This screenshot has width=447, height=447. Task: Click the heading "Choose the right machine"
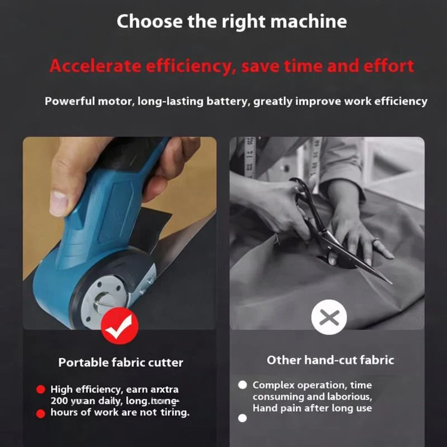[x=231, y=22]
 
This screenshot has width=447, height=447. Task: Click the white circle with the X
[x=329, y=318]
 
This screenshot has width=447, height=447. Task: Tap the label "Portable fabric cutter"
[x=121, y=363]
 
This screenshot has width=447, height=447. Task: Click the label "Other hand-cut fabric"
[x=330, y=360]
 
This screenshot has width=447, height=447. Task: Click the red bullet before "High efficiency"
[x=40, y=389]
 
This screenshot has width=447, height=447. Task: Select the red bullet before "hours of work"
[x=40, y=413]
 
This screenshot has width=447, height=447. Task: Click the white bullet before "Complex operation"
[x=242, y=385]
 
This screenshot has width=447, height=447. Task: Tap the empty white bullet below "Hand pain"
[x=242, y=418]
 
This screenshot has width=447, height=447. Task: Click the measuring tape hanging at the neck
[x=250, y=156]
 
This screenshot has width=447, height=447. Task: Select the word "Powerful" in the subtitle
[x=69, y=102]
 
